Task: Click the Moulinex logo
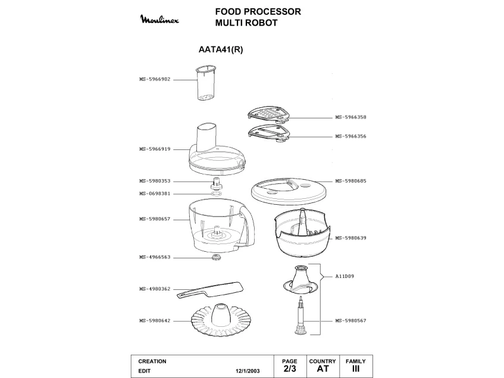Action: tap(159, 19)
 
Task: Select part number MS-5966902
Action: tap(155, 79)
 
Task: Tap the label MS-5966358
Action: tap(350, 117)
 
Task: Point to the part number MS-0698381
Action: tap(155, 194)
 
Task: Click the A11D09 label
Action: tap(345, 276)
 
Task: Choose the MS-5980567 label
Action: tap(350, 321)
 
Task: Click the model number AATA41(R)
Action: tap(221, 50)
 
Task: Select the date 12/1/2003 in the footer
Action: tap(248, 371)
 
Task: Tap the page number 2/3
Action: tap(290, 368)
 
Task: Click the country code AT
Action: tap(323, 368)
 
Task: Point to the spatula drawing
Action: tap(210, 290)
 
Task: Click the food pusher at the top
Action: tap(206, 83)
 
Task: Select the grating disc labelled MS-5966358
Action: tap(269, 115)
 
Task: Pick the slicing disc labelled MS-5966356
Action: tap(269, 133)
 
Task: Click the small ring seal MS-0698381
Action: tap(217, 194)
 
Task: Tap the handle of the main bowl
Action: tap(247, 227)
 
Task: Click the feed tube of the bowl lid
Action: tap(206, 137)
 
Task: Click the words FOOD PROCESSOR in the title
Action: tap(258, 12)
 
